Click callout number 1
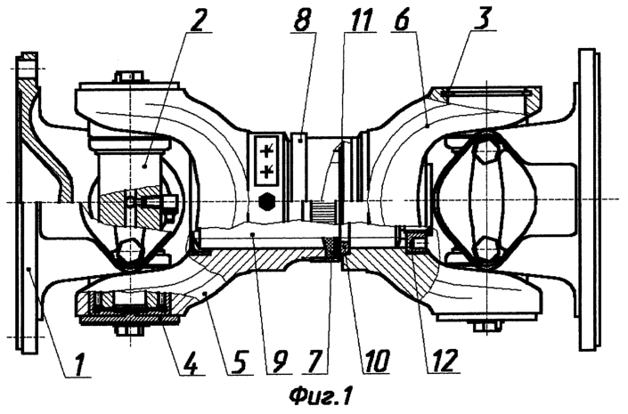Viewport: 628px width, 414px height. (80, 364)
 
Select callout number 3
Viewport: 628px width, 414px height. (482, 20)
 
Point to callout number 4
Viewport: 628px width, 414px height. (191, 363)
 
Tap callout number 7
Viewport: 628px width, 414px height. (314, 363)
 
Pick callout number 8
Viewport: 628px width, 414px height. (302, 20)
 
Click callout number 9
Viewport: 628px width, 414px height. (279, 363)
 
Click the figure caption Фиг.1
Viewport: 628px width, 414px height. (321, 397)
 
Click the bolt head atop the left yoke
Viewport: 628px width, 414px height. (129, 77)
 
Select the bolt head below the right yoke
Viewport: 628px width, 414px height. (487, 327)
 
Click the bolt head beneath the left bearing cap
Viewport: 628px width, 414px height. (129, 330)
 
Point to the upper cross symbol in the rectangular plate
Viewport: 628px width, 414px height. (266, 151)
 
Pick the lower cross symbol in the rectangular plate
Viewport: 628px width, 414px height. (266, 171)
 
